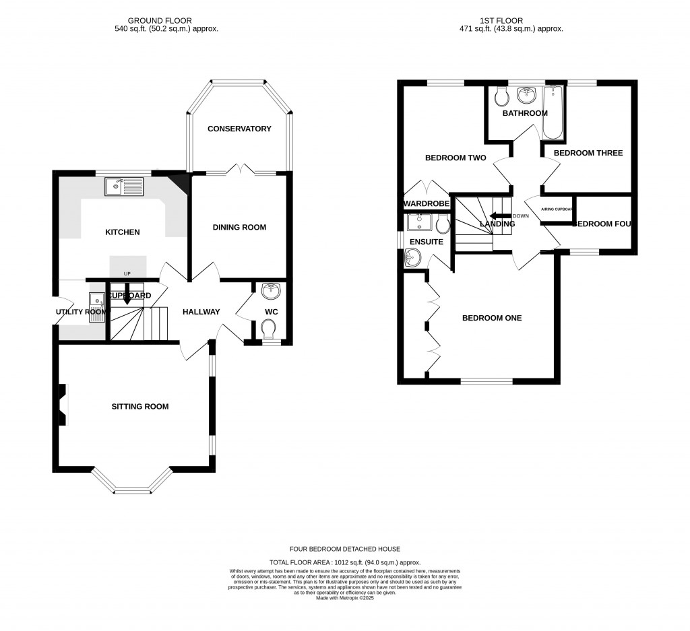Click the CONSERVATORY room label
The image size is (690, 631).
239,129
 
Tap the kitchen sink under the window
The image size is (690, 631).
125,185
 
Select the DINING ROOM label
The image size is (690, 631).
239,228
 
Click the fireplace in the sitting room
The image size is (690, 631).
63,405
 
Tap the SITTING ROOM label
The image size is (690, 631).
140,406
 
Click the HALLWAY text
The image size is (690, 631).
201,312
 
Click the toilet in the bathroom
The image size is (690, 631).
501,98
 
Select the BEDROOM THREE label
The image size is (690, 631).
588,153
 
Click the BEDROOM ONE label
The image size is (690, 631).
491,318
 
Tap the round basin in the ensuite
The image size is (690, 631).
412,257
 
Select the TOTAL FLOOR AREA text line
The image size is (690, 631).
345,562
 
